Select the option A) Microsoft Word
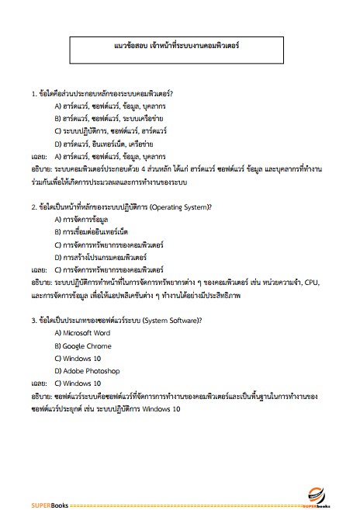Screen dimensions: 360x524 coord(82,333)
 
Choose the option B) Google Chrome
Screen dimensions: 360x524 coord(83,345)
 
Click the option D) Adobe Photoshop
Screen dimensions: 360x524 coord(86,371)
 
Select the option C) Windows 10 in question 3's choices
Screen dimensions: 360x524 coord(78,359)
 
